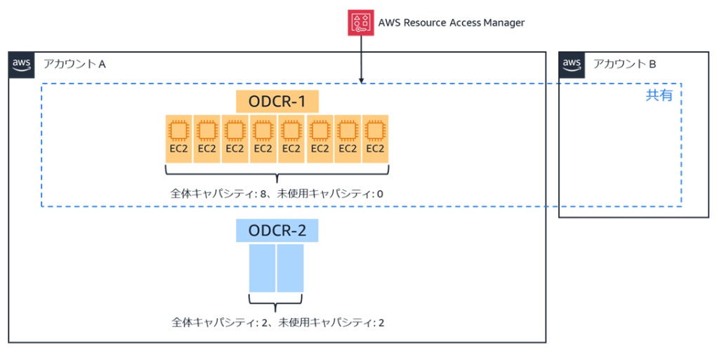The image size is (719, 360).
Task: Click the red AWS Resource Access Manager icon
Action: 361,22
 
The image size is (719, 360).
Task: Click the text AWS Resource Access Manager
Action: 451,22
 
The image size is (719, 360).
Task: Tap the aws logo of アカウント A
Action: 21,64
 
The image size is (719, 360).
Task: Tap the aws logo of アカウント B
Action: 572,64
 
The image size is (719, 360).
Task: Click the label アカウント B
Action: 624,64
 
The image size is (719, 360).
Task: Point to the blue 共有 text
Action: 659,95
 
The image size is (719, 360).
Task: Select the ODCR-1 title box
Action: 277,102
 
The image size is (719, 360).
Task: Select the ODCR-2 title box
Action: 277,229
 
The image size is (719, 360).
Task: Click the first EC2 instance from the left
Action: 178,138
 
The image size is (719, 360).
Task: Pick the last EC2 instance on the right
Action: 375,138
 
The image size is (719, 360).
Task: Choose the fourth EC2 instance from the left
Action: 263,138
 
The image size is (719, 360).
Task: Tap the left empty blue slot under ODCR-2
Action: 263,268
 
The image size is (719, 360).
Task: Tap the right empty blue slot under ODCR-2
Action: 290,268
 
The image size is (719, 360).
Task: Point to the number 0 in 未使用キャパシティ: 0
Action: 379,193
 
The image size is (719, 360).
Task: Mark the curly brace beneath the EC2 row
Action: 277,173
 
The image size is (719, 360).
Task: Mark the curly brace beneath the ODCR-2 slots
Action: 276,303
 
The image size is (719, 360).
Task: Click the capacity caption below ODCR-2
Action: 277,323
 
